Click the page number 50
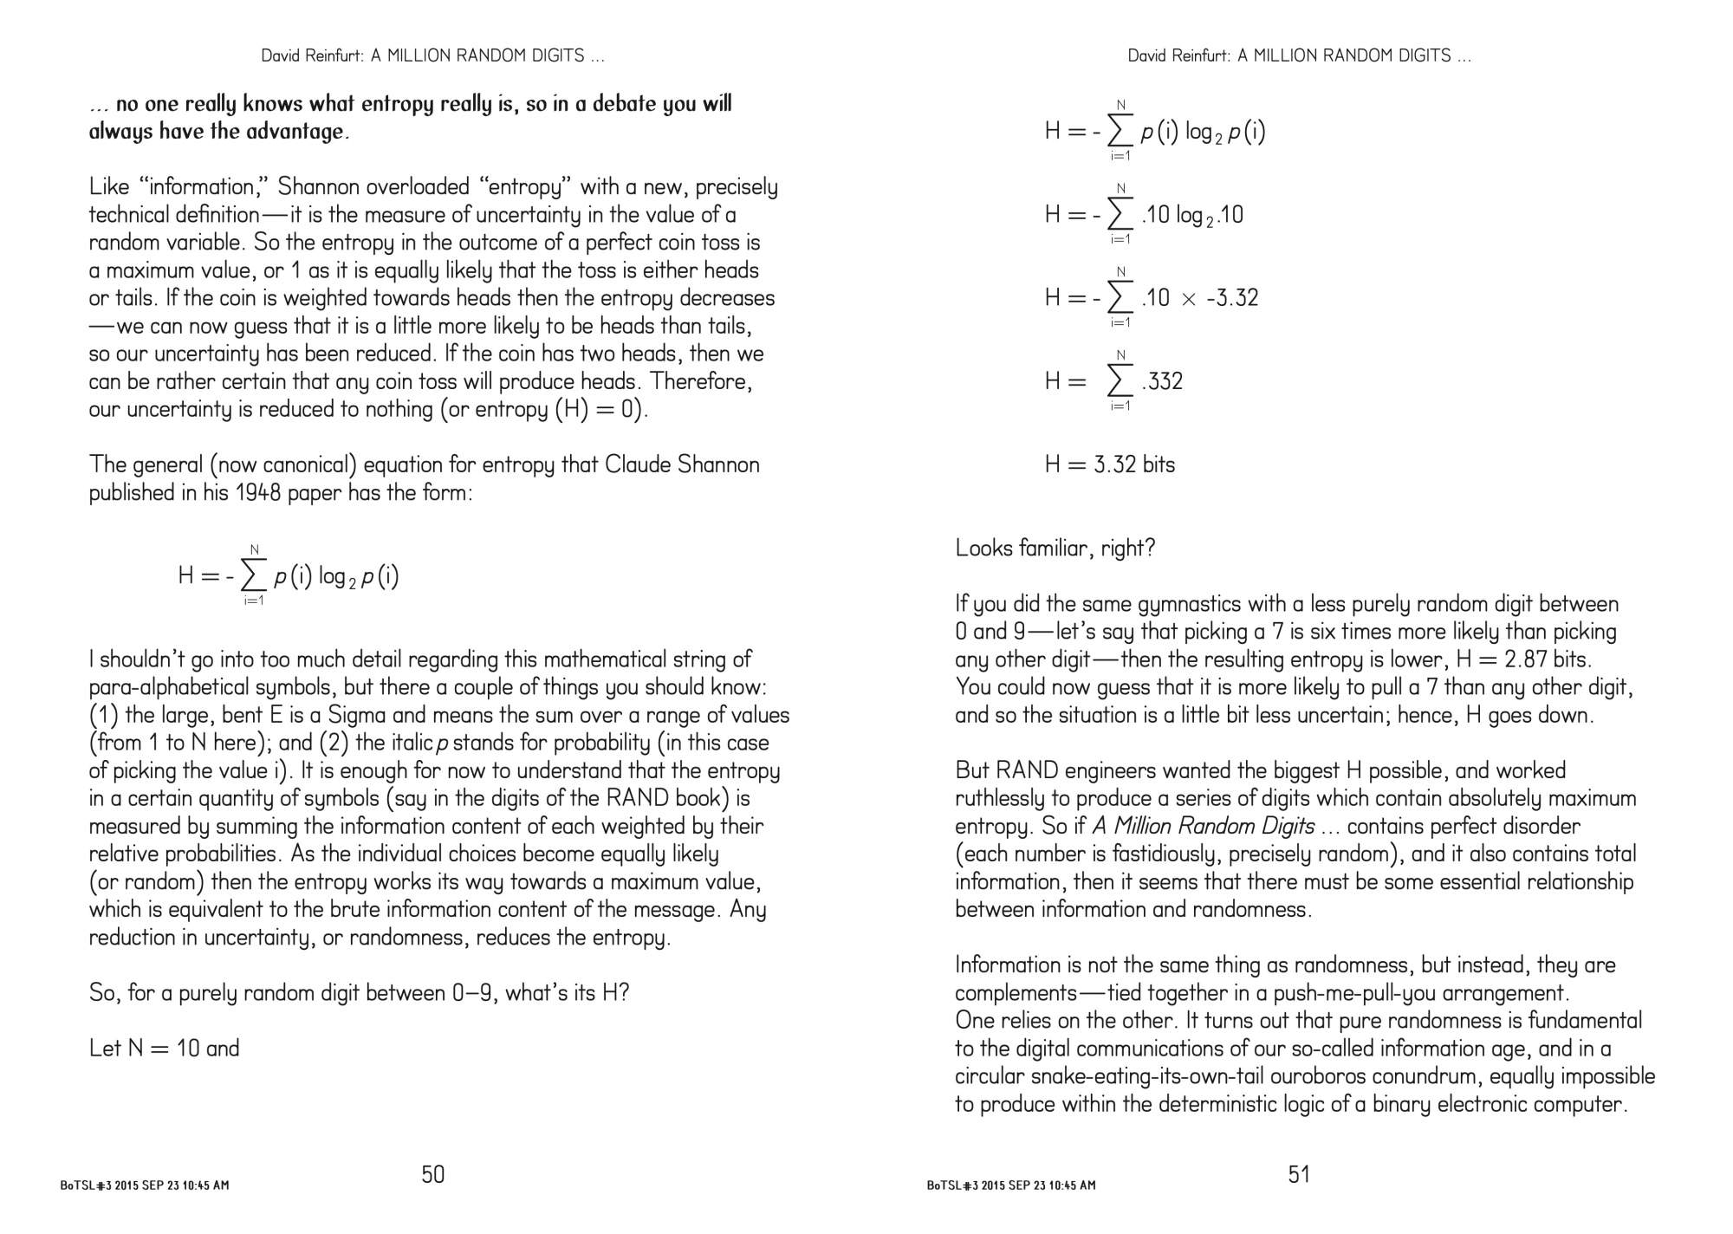[432, 1174]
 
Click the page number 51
[1299, 1174]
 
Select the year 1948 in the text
[261, 492]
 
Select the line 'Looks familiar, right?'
[1055, 548]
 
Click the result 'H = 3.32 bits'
[1109, 464]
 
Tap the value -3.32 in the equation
[1231, 298]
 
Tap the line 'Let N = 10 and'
[164, 1049]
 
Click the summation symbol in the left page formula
[253, 575]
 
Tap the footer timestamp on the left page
[145, 1185]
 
